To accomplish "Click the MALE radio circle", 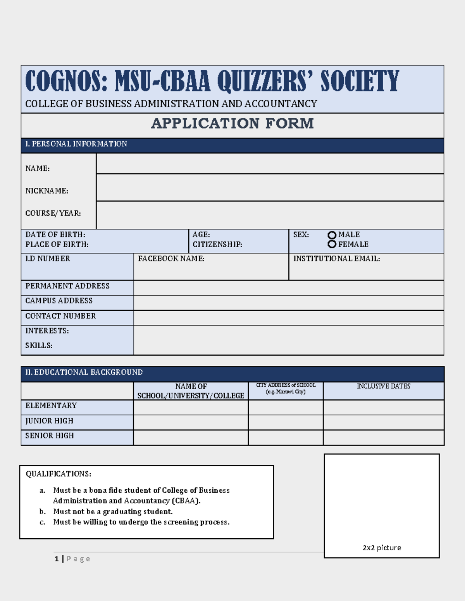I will [332, 235].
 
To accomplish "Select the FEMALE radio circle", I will [332, 244].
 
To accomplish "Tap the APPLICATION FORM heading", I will [232, 123].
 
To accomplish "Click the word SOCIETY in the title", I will [359, 81].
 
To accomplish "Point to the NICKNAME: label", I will [46, 191].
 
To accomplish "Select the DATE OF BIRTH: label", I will [55, 235].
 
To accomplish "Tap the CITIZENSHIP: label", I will [217, 245].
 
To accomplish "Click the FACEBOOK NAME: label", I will [171, 259].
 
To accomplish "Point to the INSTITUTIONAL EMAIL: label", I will [336, 259].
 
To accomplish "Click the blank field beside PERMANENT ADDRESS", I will [288, 288].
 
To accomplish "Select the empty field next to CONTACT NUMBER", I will [288, 318].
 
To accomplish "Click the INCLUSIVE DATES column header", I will [383, 386].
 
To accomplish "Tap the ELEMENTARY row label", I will [51, 406].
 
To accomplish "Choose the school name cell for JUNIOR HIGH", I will [191, 422].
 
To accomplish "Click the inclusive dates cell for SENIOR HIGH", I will [383, 437].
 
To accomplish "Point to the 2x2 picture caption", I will [382, 548].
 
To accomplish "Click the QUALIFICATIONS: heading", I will [59, 474].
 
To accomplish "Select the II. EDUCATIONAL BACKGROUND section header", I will [84, 372].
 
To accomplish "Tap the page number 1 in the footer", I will [57, 559].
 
